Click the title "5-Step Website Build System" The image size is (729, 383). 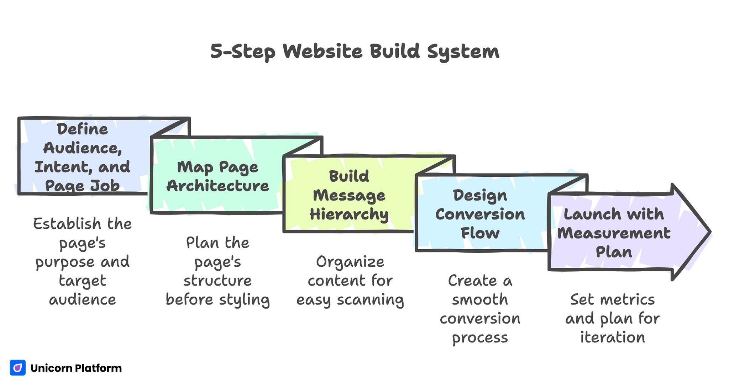click(x=355, y=52)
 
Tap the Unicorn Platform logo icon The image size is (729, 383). click(x=17, y=368)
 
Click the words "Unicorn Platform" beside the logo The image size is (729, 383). click(x=76, y=368)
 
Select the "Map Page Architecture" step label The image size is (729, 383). click(x=217, y=176)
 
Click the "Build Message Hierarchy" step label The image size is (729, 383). click(x=349, y=195)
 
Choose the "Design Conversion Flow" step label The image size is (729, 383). click(x=480, y=214)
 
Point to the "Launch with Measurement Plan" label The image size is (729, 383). click(x=614, y=233)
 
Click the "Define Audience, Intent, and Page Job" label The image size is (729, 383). click(x=82, y=157)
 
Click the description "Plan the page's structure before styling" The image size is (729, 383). click(x=217, y=271)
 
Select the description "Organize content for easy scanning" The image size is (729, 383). click(x=350, y=281)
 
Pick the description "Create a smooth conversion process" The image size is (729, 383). click(x=480, y=309)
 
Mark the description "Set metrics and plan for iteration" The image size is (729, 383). click(x=612, y=318)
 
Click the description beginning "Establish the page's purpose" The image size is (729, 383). click(x=82, y=261)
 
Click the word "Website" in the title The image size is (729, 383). click(x=322, y=52)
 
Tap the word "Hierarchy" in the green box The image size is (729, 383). click(x=349, y=214)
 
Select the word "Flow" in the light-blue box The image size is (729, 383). click(x=480, y=233)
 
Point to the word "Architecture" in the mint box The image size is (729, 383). click(x=217, y=186)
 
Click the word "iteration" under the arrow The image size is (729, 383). click(x=612, y=337)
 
